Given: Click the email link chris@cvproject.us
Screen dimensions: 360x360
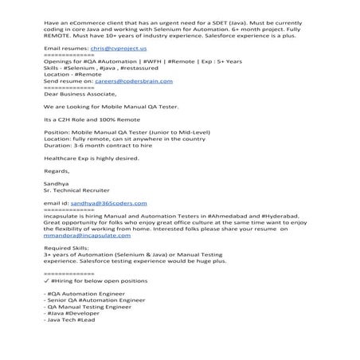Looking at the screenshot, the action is pyautogui.click(x=113, y=49).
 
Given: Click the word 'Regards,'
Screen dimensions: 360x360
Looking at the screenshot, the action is pyautogui.click(x=57, y=170).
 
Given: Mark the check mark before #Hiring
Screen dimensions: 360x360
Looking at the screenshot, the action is pyautogui.click(x=47, y=281).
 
